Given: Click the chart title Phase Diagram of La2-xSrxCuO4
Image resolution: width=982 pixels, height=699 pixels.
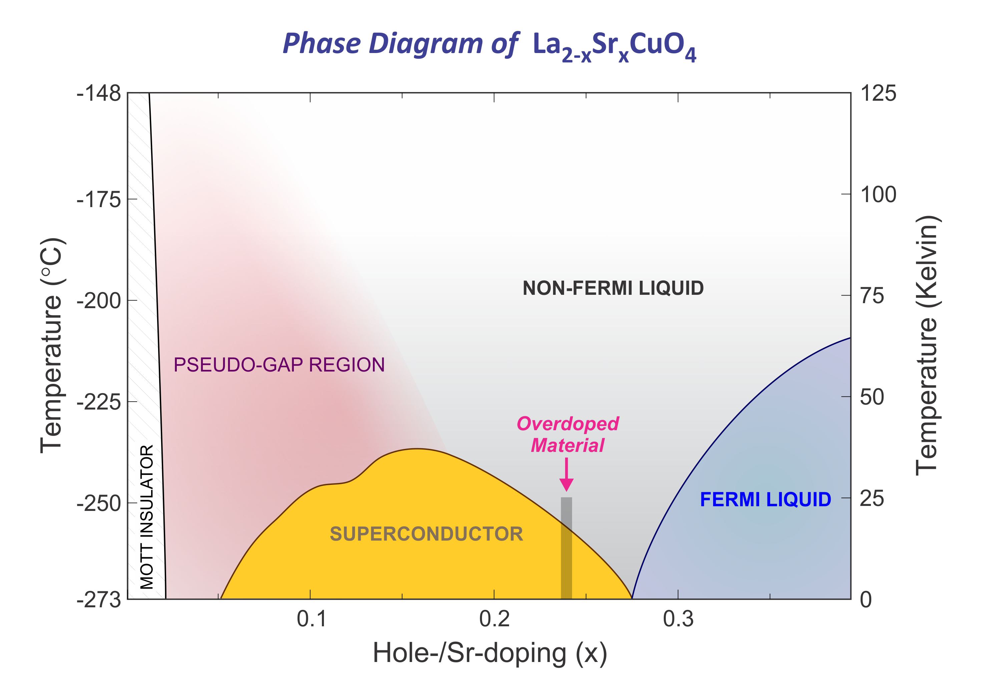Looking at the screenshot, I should coord(489,45).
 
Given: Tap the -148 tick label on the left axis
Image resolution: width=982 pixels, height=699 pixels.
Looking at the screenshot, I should coord(99,93).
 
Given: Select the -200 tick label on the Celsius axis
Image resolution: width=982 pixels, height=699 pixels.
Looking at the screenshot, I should coord(99,300).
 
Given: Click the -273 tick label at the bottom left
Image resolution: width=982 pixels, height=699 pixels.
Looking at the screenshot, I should coord(99,599).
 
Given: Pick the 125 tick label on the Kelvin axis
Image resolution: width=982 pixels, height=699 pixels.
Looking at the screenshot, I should coord(878,93).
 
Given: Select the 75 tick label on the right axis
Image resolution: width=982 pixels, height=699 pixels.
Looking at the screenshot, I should coord(872,296).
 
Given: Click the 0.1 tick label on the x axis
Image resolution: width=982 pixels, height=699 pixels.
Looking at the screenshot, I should coord(311,619).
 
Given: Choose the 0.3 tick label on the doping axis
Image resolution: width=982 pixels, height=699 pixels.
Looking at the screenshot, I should coord(678,619).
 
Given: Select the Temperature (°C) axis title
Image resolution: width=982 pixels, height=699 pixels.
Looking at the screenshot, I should coord(52,345).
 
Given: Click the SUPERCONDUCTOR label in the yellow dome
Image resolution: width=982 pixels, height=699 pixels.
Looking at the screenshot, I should coord(426,534).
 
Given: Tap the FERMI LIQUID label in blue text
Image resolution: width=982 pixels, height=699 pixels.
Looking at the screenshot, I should coord(765,499).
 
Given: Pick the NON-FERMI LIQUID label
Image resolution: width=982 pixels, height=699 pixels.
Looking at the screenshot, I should coord(613,288).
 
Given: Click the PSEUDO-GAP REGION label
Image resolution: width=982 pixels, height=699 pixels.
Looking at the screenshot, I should coord(279,365).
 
